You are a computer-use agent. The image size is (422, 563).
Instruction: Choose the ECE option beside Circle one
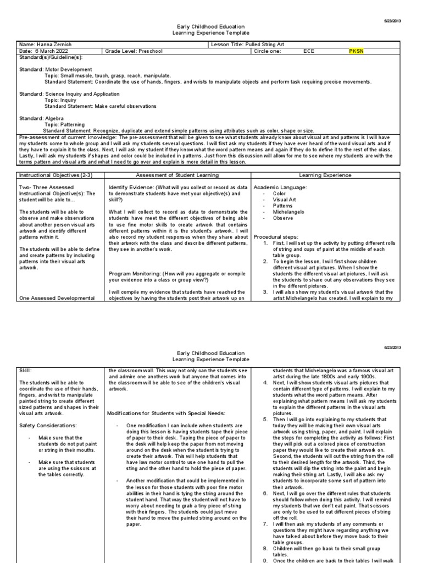tap(310, 51)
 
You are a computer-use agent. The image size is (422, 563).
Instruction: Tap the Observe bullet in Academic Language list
tap(282, 218)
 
